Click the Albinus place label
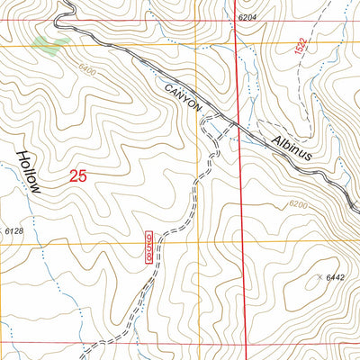tap(291, 142)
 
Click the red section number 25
tap(77, 177)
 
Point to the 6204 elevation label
tap(255, 18)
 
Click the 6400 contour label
tap(87, 70)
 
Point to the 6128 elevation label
tap(13, 232)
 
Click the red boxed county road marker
tap(148, 247)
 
